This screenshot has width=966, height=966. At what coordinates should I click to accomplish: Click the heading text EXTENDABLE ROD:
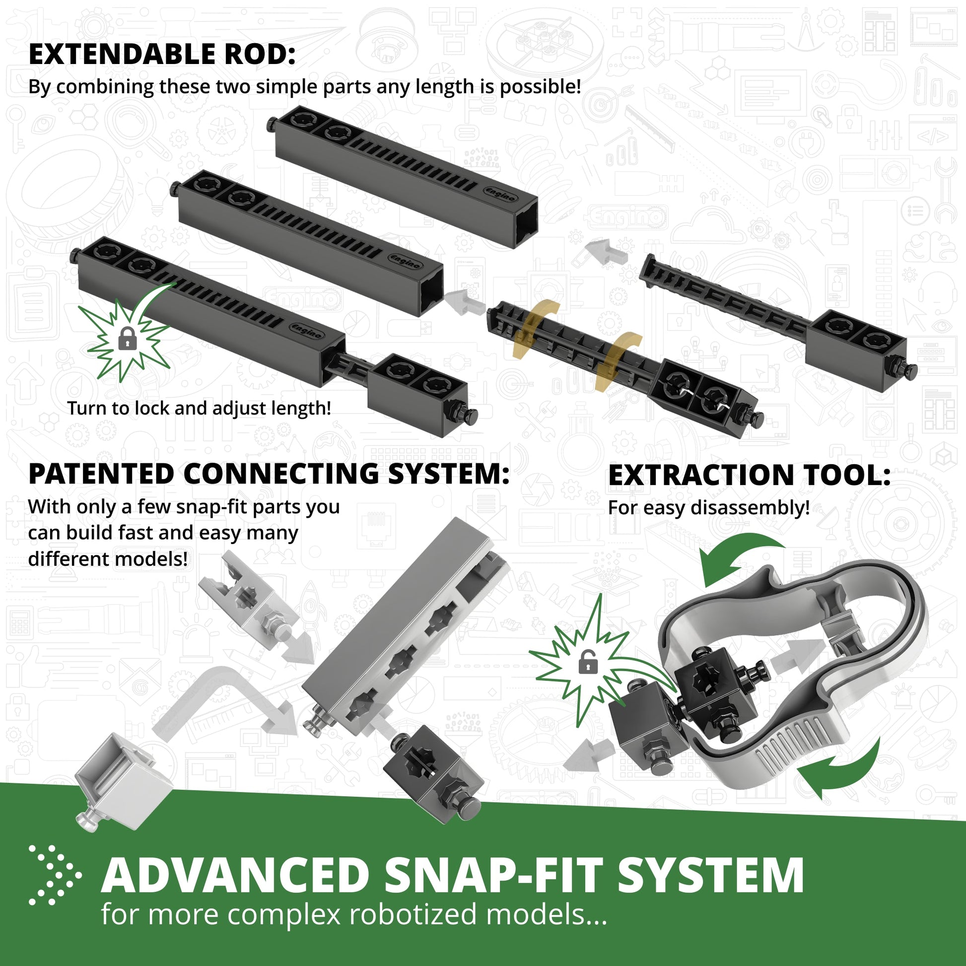tap(162, 55)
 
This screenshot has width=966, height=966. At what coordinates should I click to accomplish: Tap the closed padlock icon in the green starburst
tap(128, 339)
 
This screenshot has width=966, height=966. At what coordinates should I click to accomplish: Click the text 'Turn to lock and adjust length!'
tap(199, 408)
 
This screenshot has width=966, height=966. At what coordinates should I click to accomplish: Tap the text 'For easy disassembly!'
tap(708, 507)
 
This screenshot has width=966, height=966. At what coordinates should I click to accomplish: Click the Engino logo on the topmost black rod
tap(500, 194)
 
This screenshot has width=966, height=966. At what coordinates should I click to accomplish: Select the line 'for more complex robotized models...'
tap(354, 914)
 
